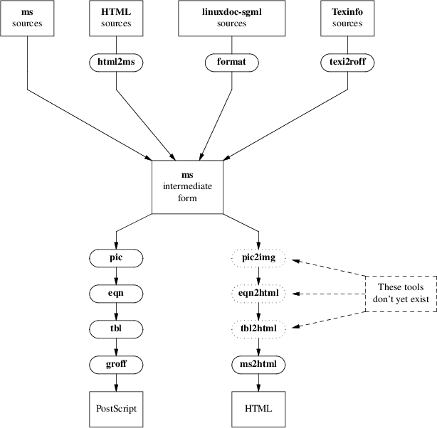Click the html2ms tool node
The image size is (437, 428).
point(116,63)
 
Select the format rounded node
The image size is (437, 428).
point(231,63)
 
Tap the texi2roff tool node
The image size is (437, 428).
point(347,63)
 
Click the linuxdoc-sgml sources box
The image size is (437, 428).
point(231,18)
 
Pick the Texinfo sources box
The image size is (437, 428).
point(347,18)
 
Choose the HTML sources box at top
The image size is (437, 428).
point(116,18)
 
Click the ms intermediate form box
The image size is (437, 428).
point(187,187)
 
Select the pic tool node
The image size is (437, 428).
point(116,258)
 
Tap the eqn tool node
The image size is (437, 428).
point(116,294)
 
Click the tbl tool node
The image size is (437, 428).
point(116,329)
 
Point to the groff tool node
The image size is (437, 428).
point(116,365)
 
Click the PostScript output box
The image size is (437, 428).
point(116,410)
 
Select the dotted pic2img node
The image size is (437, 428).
point(258,258)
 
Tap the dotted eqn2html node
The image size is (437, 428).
point(258,294)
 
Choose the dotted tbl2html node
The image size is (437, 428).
point(258,329)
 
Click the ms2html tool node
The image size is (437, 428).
point(258,365)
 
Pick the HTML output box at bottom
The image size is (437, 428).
point(258,410)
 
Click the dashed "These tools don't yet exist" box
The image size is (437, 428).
point(401,294)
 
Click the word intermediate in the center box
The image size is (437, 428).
point(187,186)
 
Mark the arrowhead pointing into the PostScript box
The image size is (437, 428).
point(116,387)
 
